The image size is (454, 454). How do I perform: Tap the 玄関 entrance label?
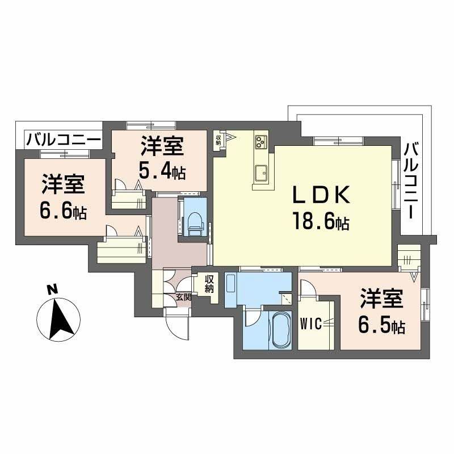click(183, 297)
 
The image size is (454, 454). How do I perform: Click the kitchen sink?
click(262, 173)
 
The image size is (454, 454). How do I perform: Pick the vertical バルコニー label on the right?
click(413, 181)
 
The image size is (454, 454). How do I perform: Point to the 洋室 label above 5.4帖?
click(161, 147)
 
